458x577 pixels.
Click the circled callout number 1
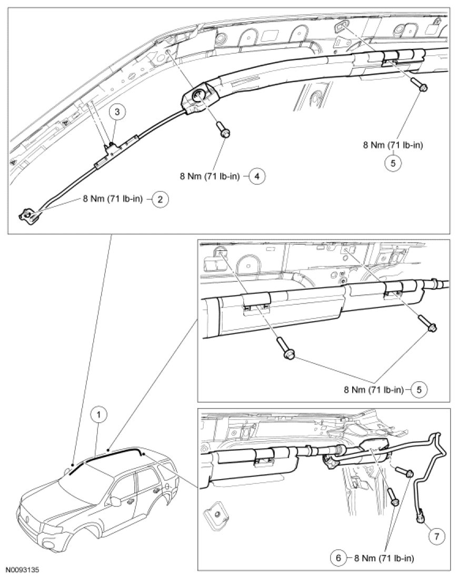98,414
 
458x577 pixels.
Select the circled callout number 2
160,199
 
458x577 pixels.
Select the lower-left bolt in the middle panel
285,351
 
